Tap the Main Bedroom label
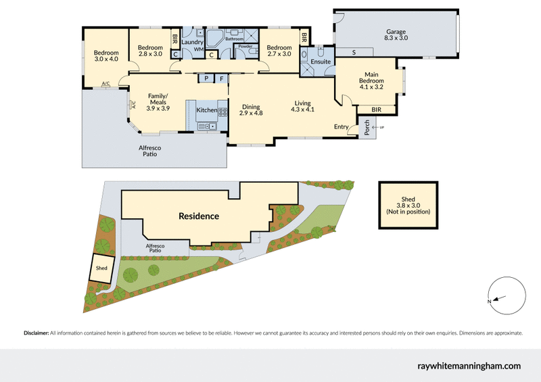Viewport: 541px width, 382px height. click(371, 80)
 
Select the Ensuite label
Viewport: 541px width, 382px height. click(321, 62)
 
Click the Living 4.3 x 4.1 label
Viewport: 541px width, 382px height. click(303, 105)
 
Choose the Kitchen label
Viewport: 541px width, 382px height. click(206, 110)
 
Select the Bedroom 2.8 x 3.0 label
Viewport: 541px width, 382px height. click(150, 51)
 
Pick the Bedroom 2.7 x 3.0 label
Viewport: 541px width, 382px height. click(279, 51)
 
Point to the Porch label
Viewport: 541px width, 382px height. click(367, 128)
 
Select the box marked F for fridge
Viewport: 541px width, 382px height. click(221, 78)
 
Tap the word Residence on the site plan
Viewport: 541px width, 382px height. click(198, 216)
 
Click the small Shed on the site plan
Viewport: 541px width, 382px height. click(101, 268)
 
